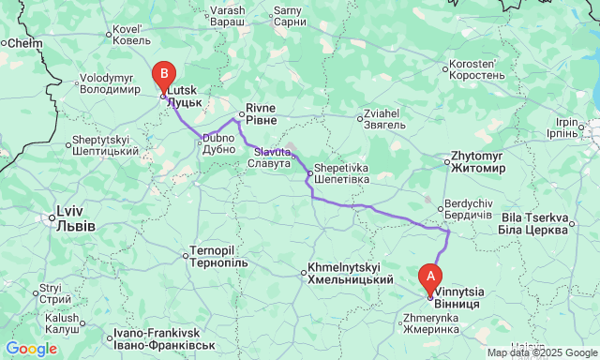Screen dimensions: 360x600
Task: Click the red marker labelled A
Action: (x=430, y=277)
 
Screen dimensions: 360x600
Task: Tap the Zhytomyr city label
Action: (x=478, y=162)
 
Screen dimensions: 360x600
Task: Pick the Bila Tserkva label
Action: (x=533, y=224)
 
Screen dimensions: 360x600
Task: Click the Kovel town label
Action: (x=132, y=35)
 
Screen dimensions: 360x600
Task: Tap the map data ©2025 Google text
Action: (x=541, y=352)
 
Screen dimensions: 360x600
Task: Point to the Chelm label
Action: (x=24, y=43)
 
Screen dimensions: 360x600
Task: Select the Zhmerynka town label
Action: (x=430, y=323)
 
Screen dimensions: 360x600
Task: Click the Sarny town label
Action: (x=289, y=15)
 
